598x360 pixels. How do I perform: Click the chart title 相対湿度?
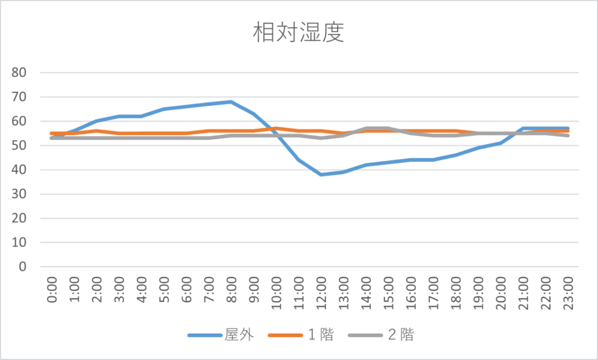click(298, 33)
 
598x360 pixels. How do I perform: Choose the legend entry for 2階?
click(400, 335)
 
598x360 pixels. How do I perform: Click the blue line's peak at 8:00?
click(231, 102)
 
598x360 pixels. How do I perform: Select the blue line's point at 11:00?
click(298, 160)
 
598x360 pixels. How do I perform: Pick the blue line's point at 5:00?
click(164, 109)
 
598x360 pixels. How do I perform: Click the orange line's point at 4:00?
click(141, 133)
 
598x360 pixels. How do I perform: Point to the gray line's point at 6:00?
click(186, 138)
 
